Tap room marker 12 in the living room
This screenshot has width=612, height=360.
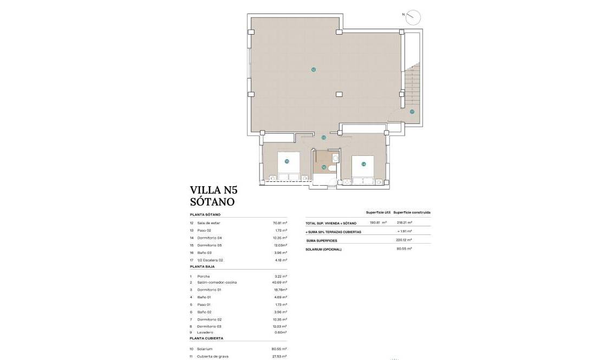(x=314, y=69)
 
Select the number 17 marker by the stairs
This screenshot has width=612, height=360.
(x=412, y=112)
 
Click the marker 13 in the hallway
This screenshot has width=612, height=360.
(x=324, y=138)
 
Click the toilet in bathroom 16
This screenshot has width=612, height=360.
(x=332, y=169)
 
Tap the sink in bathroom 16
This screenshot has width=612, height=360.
(x=336, y=158)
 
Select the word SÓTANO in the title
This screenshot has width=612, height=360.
(x=212, y=202)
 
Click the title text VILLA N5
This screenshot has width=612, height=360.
(x=214, y=190)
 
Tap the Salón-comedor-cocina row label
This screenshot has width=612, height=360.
(x=217, y=282)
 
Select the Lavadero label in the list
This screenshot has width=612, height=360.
(x=205, y=332)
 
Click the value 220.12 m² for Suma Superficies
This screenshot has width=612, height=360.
(x=404, y=240)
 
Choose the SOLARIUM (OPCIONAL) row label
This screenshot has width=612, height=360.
(x=324, y=249)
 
